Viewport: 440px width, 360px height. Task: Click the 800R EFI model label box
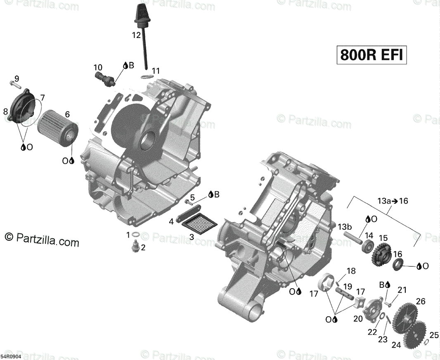[x=371, y=55]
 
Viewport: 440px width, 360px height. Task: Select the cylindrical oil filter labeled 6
[x=58, y=128]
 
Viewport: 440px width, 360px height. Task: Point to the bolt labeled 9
[x=15, y=84]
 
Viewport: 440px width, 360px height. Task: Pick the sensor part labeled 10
[x=105, y=78]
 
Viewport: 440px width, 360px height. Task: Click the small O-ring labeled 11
[x=147, y=77]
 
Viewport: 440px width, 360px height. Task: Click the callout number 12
[x=136, y=35]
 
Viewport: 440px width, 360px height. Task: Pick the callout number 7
[x=42, y=98]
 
